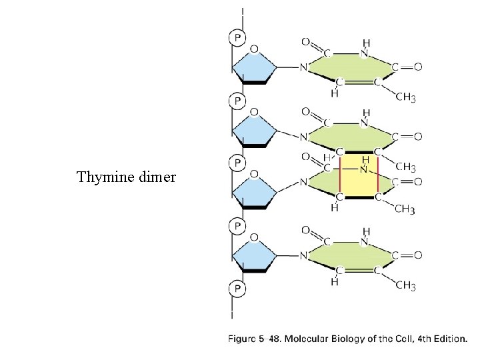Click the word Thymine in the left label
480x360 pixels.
click(x=103, y=177)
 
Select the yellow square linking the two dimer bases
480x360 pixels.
click(x=360, y=177)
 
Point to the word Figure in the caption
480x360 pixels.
click(x=245, y=339)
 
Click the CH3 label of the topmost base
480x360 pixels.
click(x=405, y=98)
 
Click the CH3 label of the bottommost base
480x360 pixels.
click(x=405, y=286)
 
